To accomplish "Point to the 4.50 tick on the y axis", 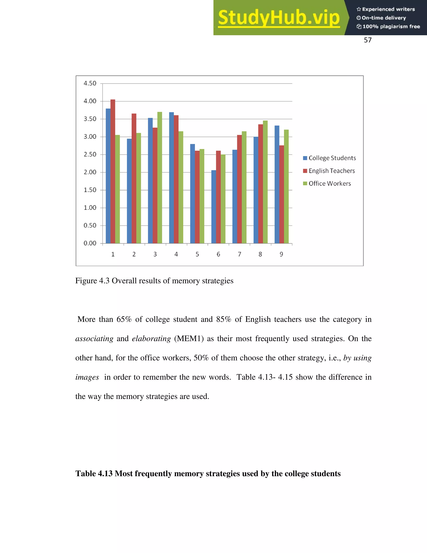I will [90, 83].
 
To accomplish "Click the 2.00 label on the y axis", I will [90, 172].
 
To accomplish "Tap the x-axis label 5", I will [197, 254].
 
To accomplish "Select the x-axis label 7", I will [239, 254].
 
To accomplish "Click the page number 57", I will [368, 40].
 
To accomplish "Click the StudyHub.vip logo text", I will [279, 18].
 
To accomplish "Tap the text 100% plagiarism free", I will [391, 27].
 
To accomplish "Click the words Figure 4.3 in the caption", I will [92, 281].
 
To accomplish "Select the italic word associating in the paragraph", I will [94, 338].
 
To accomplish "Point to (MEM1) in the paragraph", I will [189, 338].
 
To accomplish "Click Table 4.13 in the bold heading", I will [94, 473].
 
